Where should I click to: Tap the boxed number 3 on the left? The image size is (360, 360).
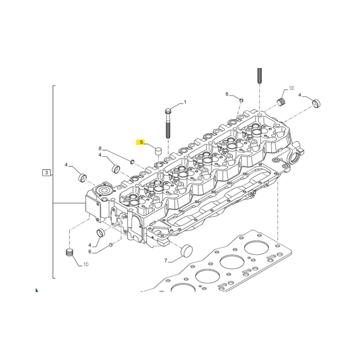coord(46,172)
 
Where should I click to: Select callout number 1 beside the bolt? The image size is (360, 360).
coord(185,102)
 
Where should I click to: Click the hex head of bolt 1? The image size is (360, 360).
coord(168,111)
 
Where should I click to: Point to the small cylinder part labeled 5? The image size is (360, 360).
coord(158,151)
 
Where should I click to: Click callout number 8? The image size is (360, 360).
coord(100,149)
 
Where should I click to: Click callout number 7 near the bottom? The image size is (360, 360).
coord(166,260)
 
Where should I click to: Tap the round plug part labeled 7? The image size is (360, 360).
coord(187,250)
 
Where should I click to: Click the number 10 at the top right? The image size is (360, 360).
coord(291,88)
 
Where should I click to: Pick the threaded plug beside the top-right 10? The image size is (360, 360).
coord(281,102)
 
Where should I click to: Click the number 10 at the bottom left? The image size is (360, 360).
coord(86,265)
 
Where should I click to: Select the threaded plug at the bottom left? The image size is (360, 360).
coord(69,253)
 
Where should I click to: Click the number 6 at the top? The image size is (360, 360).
coord(227,94)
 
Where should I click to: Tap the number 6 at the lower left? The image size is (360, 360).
coord(90,252)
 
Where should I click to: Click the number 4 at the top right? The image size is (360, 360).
coord(300,95)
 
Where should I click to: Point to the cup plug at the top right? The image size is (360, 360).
coord(316,104)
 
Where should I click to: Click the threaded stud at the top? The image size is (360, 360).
coord(260,76)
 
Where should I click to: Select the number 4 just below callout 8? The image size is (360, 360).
coord(100,155)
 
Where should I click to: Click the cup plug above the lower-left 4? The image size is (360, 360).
coord(100,233)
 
